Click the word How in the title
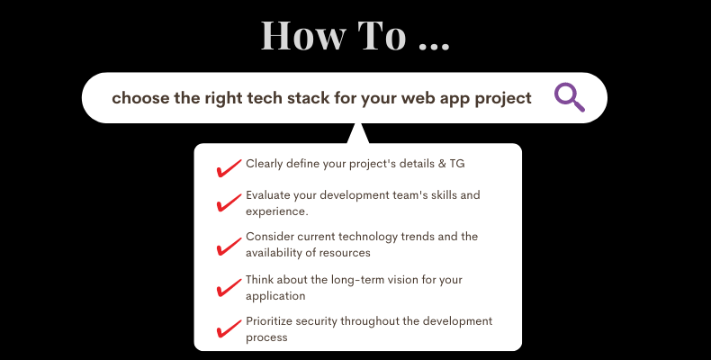[x=303, y=35]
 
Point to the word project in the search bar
[x=503, y=99]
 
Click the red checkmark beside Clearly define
[x=229, y=167]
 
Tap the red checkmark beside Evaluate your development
[x=229, y=202]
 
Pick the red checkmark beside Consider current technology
[x=229, y=247]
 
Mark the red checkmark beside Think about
[x=229, y=287]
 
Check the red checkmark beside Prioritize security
[x=229, y=328]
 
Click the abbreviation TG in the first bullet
[x=457, y=164]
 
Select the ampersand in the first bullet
[x=442, y=164]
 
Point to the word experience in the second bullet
[x=275, y=211]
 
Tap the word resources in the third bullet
[x=347, y=253]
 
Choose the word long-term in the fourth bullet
[x=360, y=280]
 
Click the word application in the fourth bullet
[x=275, y=296]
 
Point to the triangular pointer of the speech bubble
[x=358, y=135]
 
